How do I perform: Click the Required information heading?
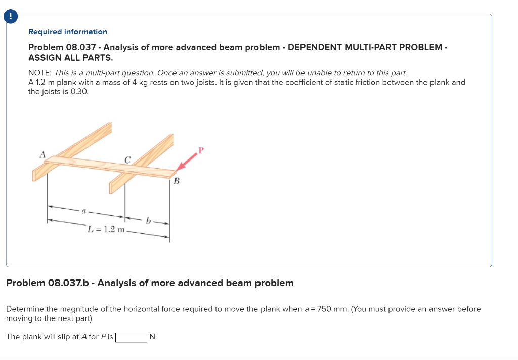click(x=68, y=32)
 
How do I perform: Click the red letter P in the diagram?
click(x=201, y=150)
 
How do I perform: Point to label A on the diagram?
click(x=43, y=154)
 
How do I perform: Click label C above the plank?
click(x=127, y=160)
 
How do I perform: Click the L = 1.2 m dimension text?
click(x=106, y=229)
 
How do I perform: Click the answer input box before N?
click(x=131, y=337)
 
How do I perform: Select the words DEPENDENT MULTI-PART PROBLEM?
click(x=365, y=47)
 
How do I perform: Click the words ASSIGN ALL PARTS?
click(x=70, y=57)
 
